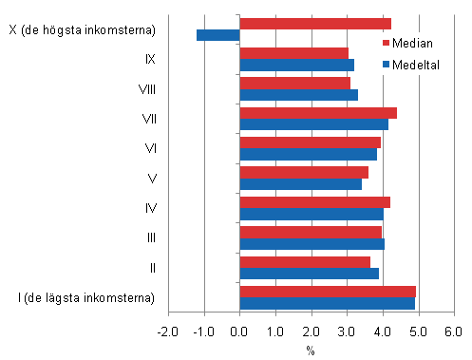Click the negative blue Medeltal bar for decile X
click(x=217, y=35)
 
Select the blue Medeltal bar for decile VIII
click(x=298, y=95)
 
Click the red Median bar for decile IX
click(x=293, y=53)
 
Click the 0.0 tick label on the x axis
click(x=240, y=332)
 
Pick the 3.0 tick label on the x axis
click(x=347, y=332)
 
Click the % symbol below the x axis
click(x=311, y=350)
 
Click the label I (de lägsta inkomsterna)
click(x=83, y=297)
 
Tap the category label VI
click(x=150, y=149)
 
